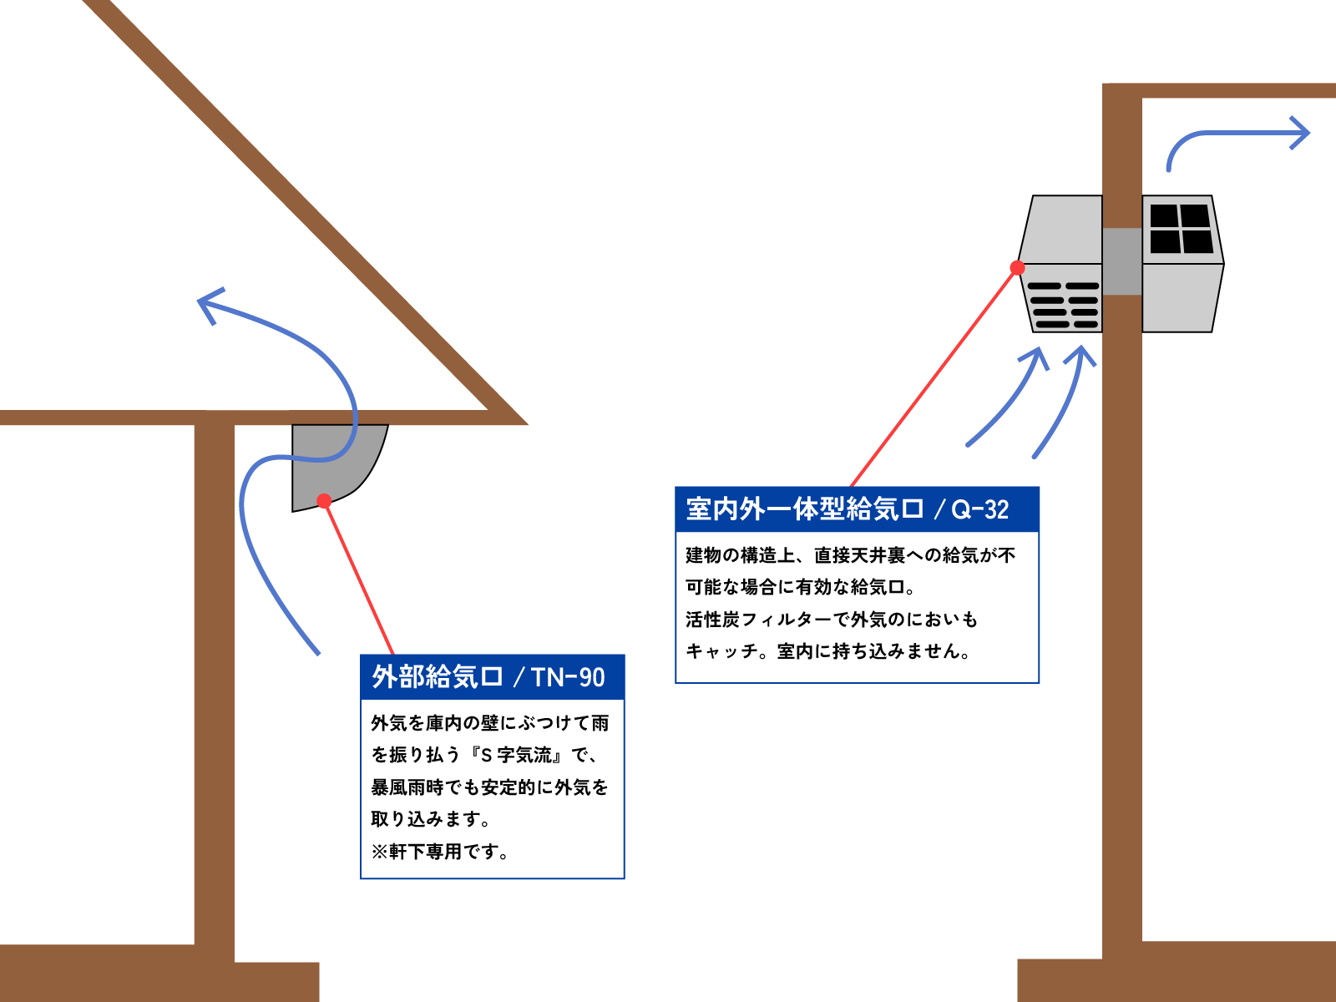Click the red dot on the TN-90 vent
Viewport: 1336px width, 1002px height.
[324, 501]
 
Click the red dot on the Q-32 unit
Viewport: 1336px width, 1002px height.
[1017, 268]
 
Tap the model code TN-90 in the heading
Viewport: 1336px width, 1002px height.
[568, 677]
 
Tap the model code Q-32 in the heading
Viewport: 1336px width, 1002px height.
[980, 509]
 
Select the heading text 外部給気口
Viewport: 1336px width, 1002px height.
[437, 677]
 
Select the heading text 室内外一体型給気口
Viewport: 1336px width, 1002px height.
[805, 509]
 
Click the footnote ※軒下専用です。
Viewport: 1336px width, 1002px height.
[439, 852]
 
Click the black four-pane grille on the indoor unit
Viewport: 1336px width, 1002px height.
[1181, 229]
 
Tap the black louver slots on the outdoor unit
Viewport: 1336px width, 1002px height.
[1063, 305]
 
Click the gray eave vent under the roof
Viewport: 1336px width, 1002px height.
[333, 465]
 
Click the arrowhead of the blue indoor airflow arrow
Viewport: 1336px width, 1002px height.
[1299, 133]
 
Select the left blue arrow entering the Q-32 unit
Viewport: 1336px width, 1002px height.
[1010, 402]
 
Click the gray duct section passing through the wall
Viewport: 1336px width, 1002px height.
[1121, 261]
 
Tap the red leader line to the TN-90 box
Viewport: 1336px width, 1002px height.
[359, 578]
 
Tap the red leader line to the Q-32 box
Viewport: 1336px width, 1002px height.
[934, 377]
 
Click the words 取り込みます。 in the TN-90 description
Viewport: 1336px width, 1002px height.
[431, 819]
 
